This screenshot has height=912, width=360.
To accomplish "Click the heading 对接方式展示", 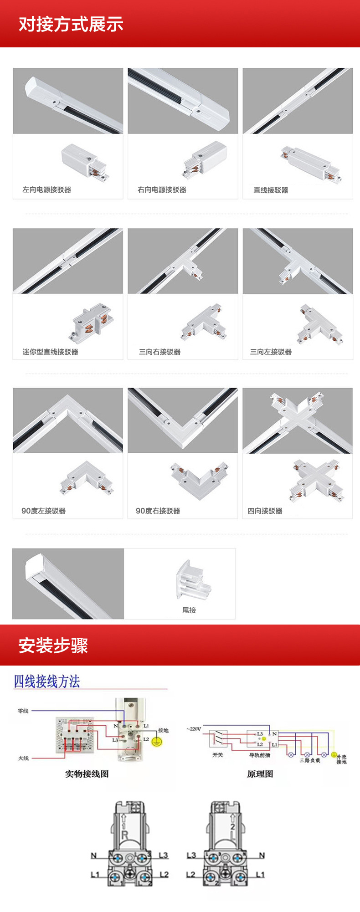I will click(71, 24).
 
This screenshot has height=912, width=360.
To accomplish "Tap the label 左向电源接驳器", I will click(47, 190).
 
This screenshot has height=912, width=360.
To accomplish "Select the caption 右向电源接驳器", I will click(162, 190).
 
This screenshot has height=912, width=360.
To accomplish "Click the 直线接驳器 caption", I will click(271, 190).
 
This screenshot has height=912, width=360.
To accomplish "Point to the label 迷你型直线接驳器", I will click(50, 352).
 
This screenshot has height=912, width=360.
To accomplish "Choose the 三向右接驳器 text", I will click(159, 352).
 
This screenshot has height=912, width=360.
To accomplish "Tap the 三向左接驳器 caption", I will click(271, 352).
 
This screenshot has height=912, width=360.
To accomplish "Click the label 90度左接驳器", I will click(44, 511).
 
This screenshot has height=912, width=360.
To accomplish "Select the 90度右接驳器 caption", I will click(158, 511).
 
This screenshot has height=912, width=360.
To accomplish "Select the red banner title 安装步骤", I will click(53, 646).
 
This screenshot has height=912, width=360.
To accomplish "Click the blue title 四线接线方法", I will click(47, 681).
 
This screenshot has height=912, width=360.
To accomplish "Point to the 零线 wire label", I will click(23, 711).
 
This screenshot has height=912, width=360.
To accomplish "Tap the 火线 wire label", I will click(23, 758).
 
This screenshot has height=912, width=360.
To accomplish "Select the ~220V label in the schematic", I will click(194, 729).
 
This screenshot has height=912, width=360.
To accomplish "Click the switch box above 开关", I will click(218, 738).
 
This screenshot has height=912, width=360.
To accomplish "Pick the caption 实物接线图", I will click(87, 774).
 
